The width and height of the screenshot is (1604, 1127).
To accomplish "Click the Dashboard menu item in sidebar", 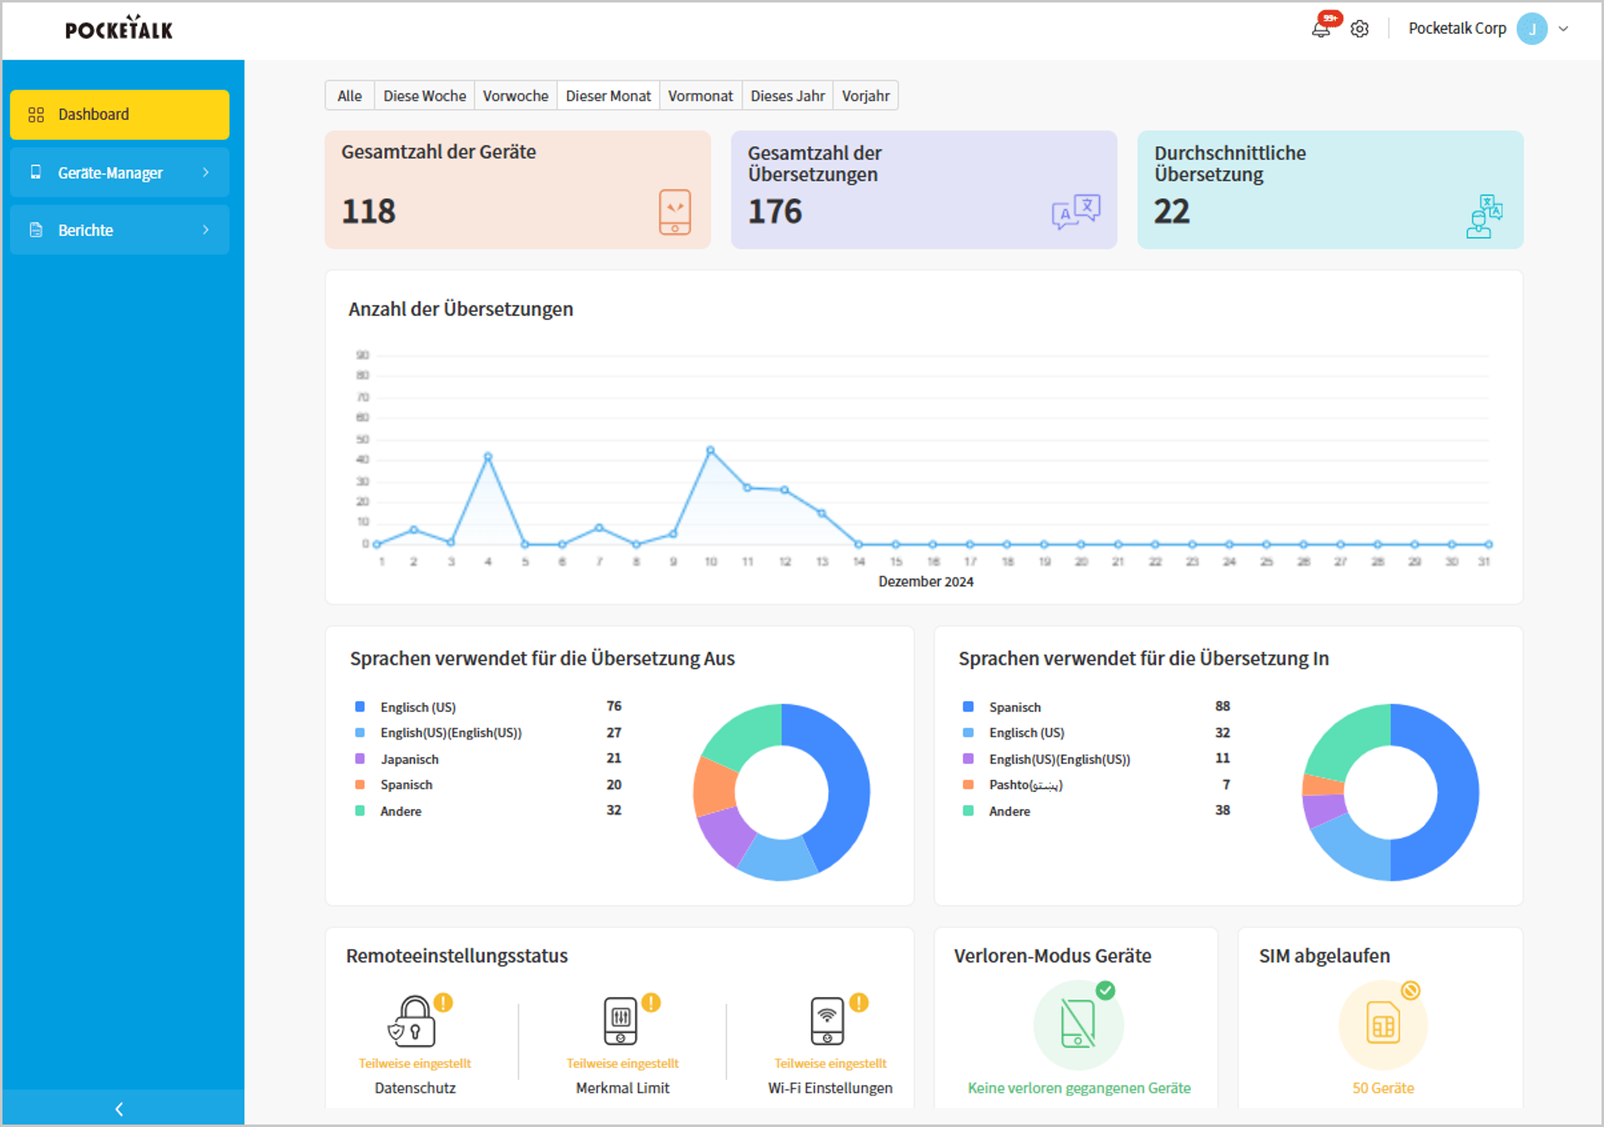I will (119, 115).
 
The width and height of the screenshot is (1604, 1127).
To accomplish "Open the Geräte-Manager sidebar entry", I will (119, 173).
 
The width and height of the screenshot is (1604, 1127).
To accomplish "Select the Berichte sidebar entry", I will (119, 230).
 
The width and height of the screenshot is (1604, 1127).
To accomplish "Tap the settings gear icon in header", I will (1359, 29).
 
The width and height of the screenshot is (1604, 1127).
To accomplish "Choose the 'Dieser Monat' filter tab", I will (607, 96).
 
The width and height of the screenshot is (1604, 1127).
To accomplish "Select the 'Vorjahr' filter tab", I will (865, 96).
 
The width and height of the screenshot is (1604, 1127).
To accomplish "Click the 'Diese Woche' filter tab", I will (424, 96).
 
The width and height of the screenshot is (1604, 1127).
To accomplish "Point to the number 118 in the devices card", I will (368, 211).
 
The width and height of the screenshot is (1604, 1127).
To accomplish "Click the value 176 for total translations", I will (775, 211).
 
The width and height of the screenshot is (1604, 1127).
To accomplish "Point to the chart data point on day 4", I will (487, 457).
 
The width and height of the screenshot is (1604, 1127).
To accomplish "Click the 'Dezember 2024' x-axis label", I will (925, 581).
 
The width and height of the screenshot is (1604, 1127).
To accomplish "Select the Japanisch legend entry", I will (409, 759).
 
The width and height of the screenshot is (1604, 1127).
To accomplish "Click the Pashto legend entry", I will (1025, 785).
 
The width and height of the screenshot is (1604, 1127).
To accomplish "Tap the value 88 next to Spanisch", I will (1222, 706).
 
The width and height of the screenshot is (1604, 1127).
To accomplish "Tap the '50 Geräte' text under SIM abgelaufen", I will (1382, 1088).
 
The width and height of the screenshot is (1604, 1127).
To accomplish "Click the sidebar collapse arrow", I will (119, 1109).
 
